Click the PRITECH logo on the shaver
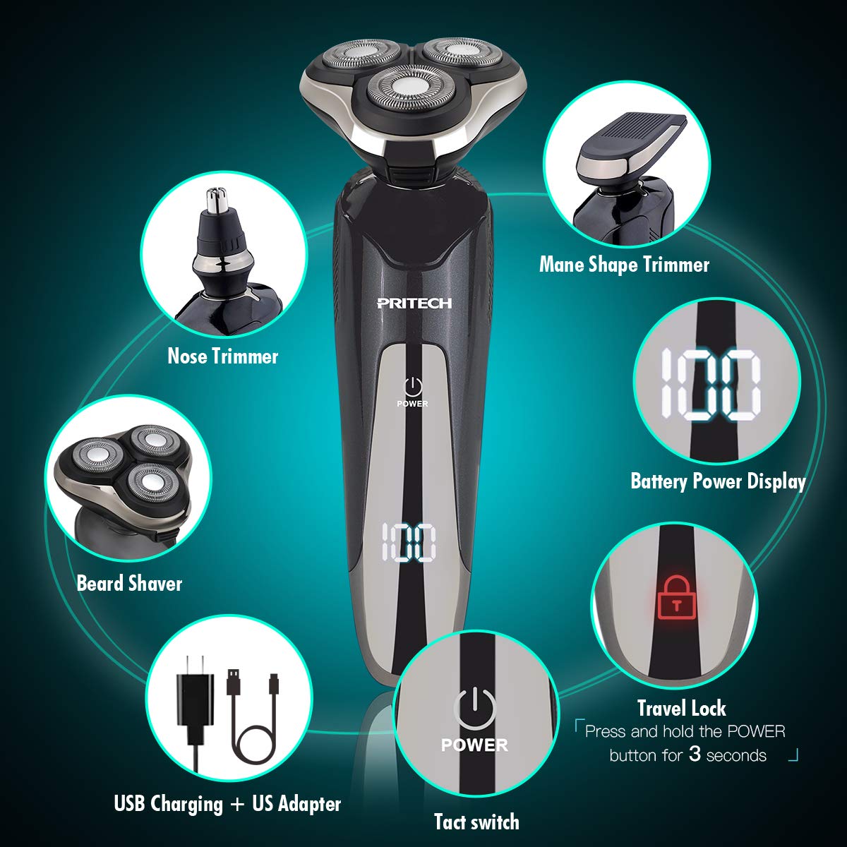pyautogui.click(x=414, y=303)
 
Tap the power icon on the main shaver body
pyautogui.click(x=413, y=385)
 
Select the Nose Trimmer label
pyautogui.click(x=222, y=356)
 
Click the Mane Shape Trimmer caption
pyautogui.click(x=624, y=265)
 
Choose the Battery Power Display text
pyautogui.click(x=718, y=481)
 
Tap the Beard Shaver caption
pyautogui.click(x=129, y=584)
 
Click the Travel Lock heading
pyautogui.click(x=681, y=708)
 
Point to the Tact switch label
pyautogui.click(x=476, y=822)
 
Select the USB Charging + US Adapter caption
pyautogui.click(x=227, y=804)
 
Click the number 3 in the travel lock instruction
pyautogui.click(x=695, y=755)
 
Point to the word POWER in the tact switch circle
pyautogui.click(x=474, y=745)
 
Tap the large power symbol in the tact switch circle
pyautogui.click(x=474, y=706)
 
